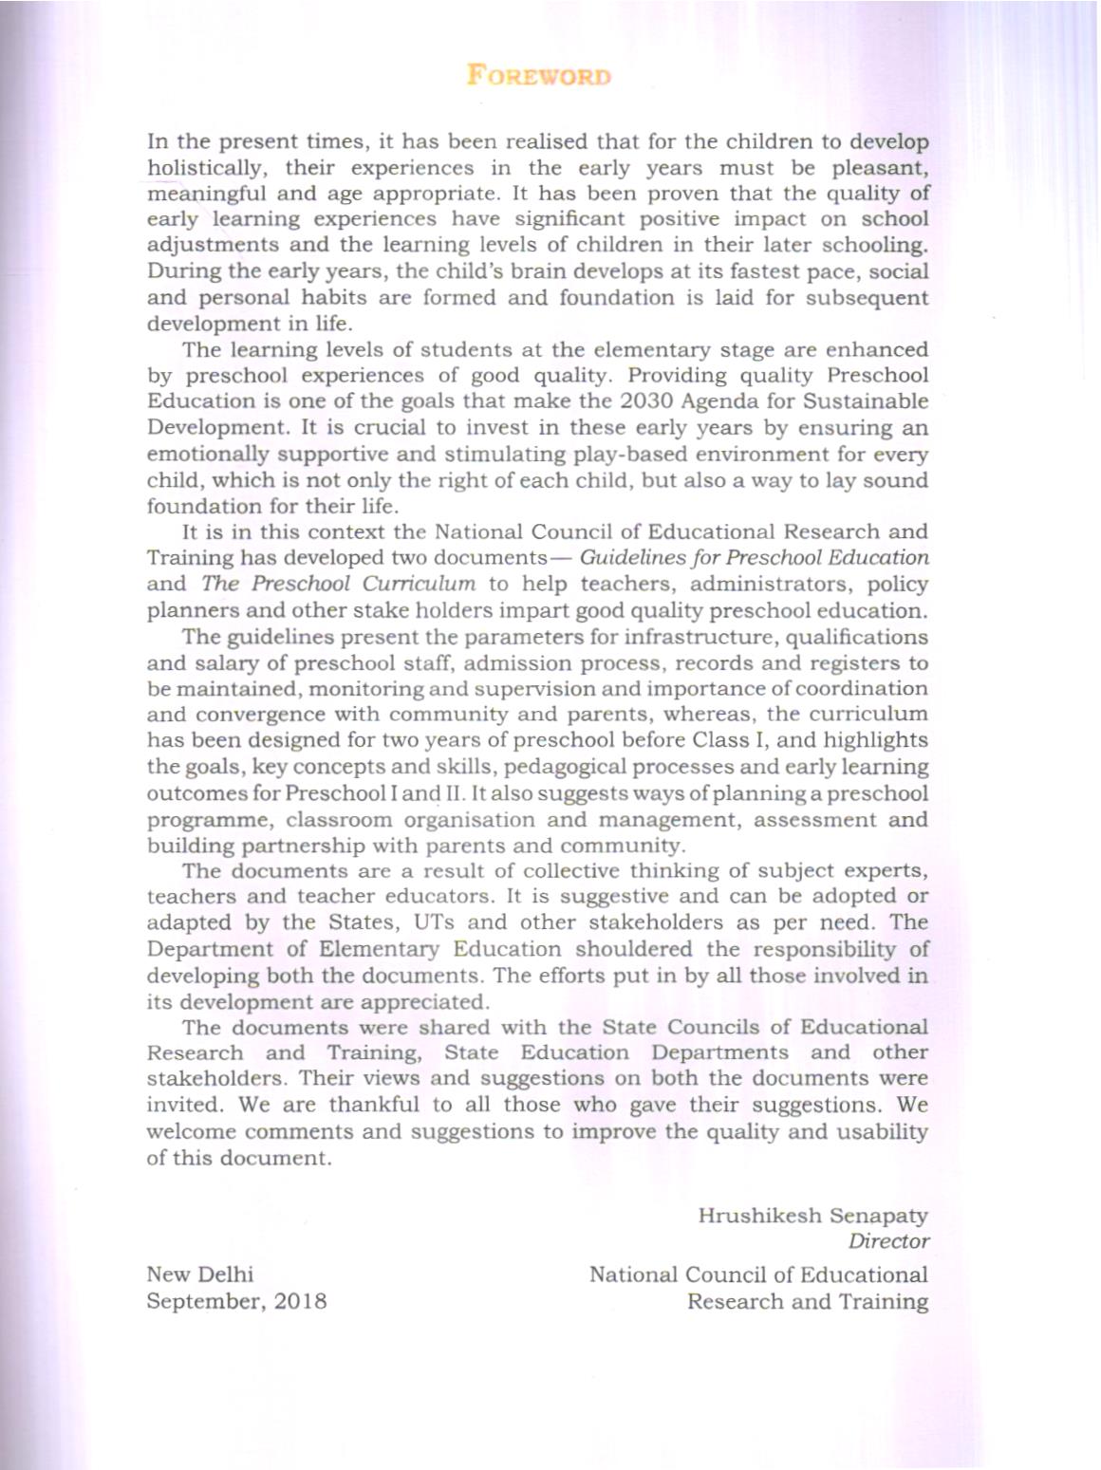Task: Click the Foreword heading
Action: tap(538, 76)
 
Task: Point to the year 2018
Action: tap(300, 1301)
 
